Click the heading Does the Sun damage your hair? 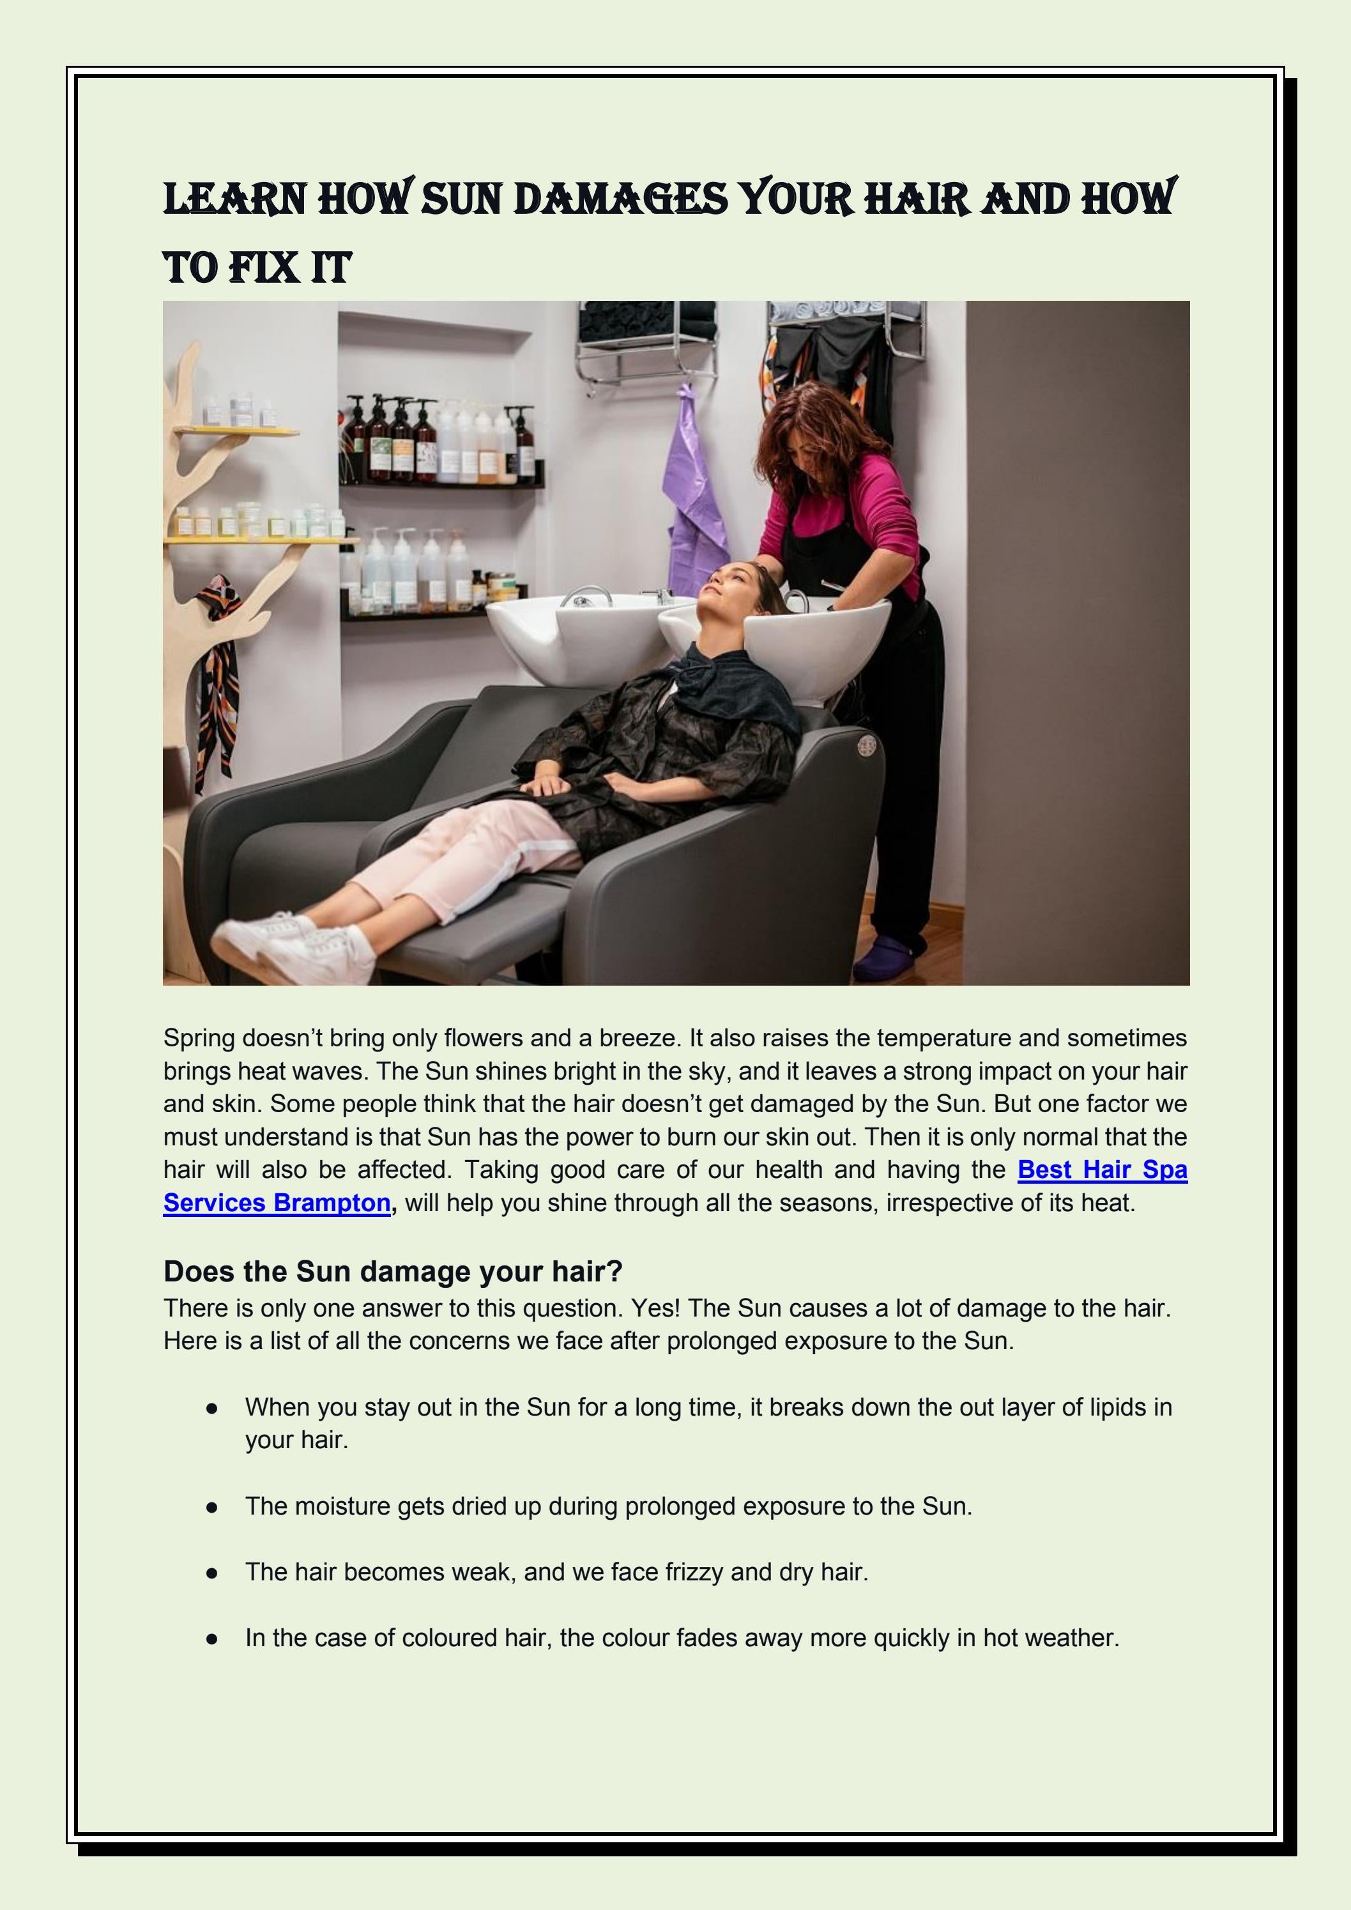click(393, 1271)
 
